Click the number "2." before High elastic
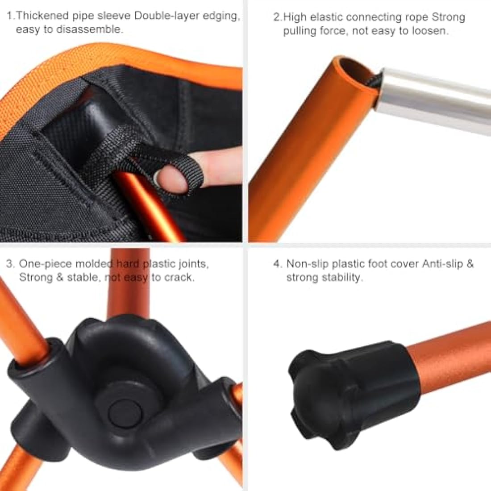tap(277, 17)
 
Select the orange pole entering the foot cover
tap(451, 353)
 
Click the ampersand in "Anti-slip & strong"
tap(470, 264)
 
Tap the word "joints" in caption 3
tap(193, 264)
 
